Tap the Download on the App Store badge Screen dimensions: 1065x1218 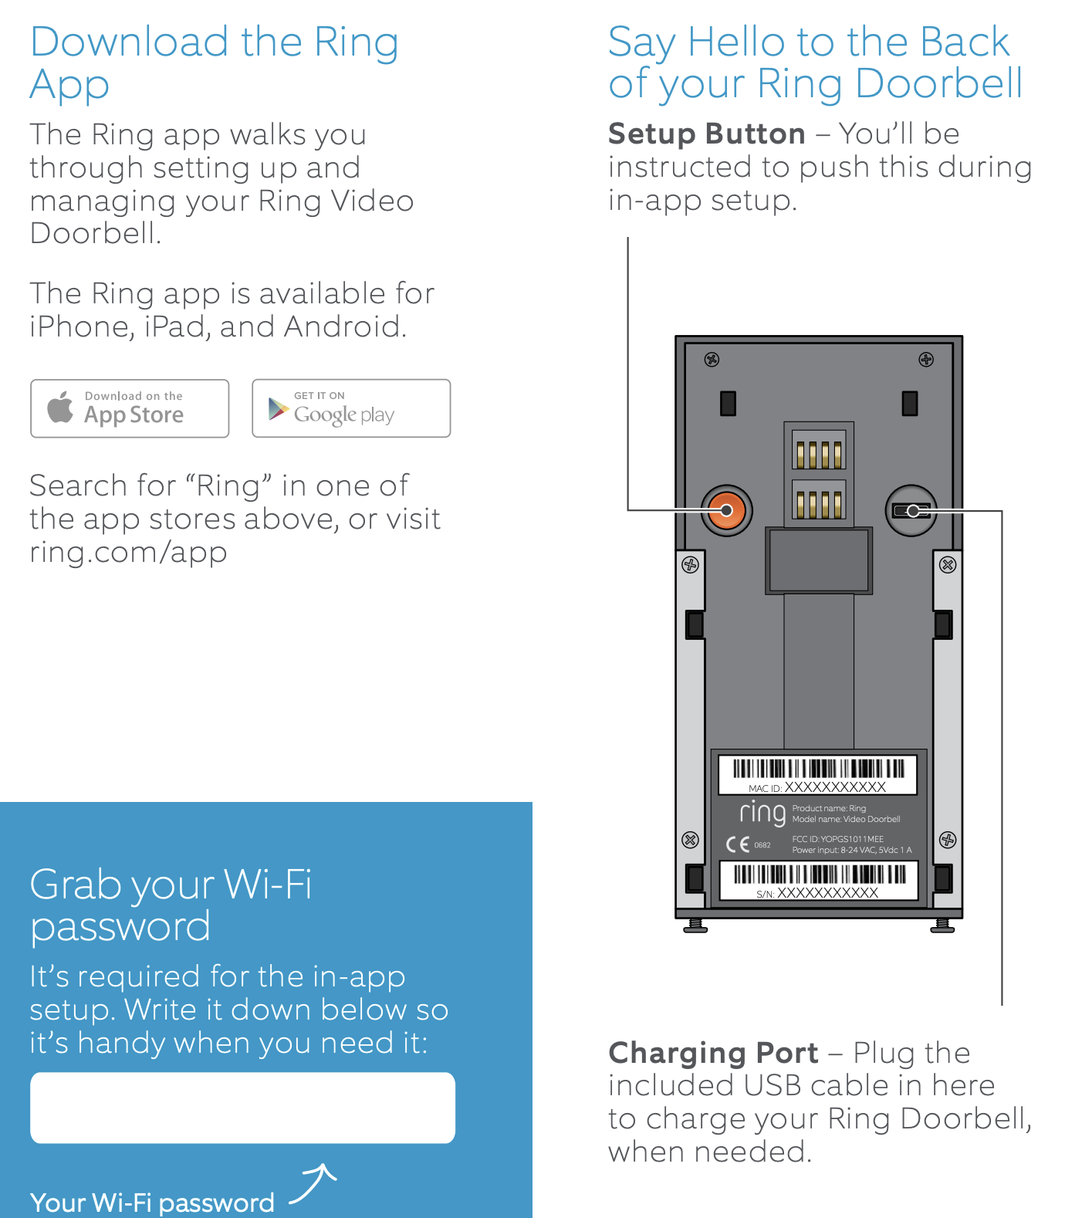click(x=130, y=408)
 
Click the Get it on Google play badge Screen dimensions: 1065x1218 click(x=351, y=408)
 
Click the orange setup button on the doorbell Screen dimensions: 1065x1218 click(x=726, y=510)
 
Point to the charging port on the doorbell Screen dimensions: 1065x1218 click(x=911, y=511)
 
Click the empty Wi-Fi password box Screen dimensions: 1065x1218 click(x=242, y=1108)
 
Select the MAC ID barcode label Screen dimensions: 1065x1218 click(x=817, y=774)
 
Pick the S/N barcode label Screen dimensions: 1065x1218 click(x=818, y=881)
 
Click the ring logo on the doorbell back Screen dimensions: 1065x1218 click(x=762, y=813)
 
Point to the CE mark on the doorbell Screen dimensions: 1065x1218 click(x=738, y=844)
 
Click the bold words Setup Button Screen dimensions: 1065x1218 click(x=706, y=134)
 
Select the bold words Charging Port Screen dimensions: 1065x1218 click(x=712, y=1053)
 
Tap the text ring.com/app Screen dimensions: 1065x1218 click(x=128, y=553)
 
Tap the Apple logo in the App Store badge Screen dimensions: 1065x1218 click(x=60, y=407)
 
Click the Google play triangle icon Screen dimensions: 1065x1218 click(x=278, y=408)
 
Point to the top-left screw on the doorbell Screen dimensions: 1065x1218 click(x=712, y=359)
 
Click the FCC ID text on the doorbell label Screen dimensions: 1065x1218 click(x=837, y=839)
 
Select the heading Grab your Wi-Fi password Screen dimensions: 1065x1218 click(x=171, y=905)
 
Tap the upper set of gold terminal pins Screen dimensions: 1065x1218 click(x=819, y=454)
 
